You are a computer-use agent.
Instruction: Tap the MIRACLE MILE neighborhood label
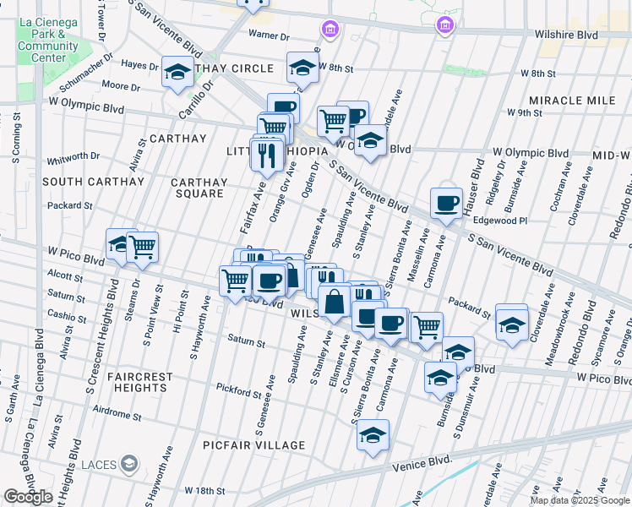pyautogui.click(x=572, y=101)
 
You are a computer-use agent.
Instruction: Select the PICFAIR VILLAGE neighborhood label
pyautogui.click(x=253, y=445)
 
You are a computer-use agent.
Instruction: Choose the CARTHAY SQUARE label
pyautogui.click(x=199, y=188)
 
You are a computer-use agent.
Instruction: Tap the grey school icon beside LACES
pyautogui.click(x=128, y=463)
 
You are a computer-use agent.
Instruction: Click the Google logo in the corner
pyautogui.click(x=28, y=497)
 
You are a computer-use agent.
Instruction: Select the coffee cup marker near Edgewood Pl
pyautogui.click(x=446, y=203)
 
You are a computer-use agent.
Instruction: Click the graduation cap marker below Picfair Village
pyautogui.click(x=372, y=435)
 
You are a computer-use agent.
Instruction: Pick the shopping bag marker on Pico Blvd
pyautogui.click(x=335, y=302)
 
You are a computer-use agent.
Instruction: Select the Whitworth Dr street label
pyautogui.click(x=74, y=157)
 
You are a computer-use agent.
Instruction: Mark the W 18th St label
pyautogui.click(x=204, y=490)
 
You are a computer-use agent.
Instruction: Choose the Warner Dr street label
pyautogui.click(x=269, y=36)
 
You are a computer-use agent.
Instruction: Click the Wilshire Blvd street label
pyautogui.click(x=565, y=35)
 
